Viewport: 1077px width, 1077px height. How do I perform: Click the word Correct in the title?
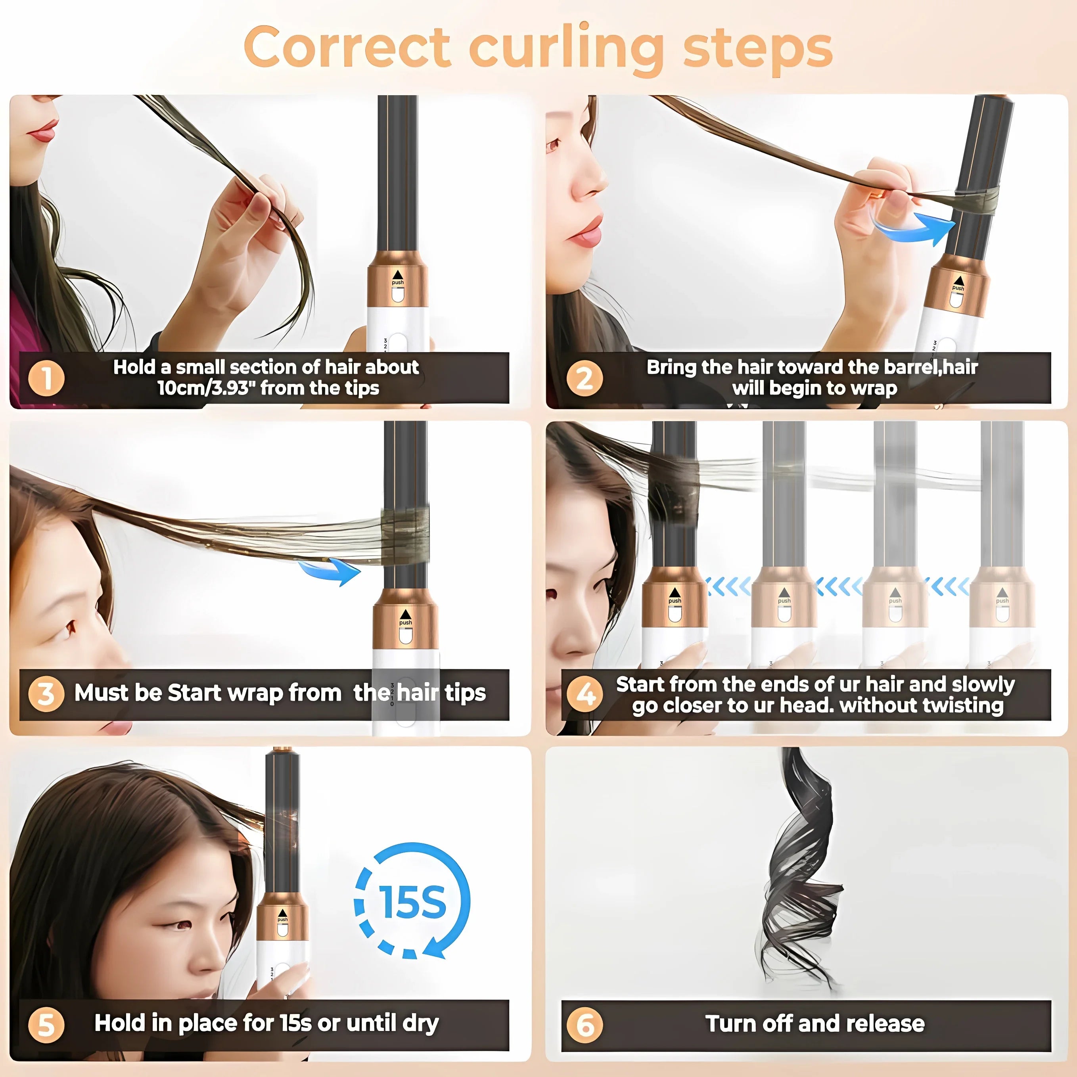(347, 47)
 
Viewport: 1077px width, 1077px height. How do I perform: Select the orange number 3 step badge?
(46, 694)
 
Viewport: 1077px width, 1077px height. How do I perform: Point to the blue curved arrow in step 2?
(914, 228)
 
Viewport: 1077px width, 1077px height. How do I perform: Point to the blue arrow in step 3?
(331, 572)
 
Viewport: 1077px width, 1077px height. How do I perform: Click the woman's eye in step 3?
(71, 628)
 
